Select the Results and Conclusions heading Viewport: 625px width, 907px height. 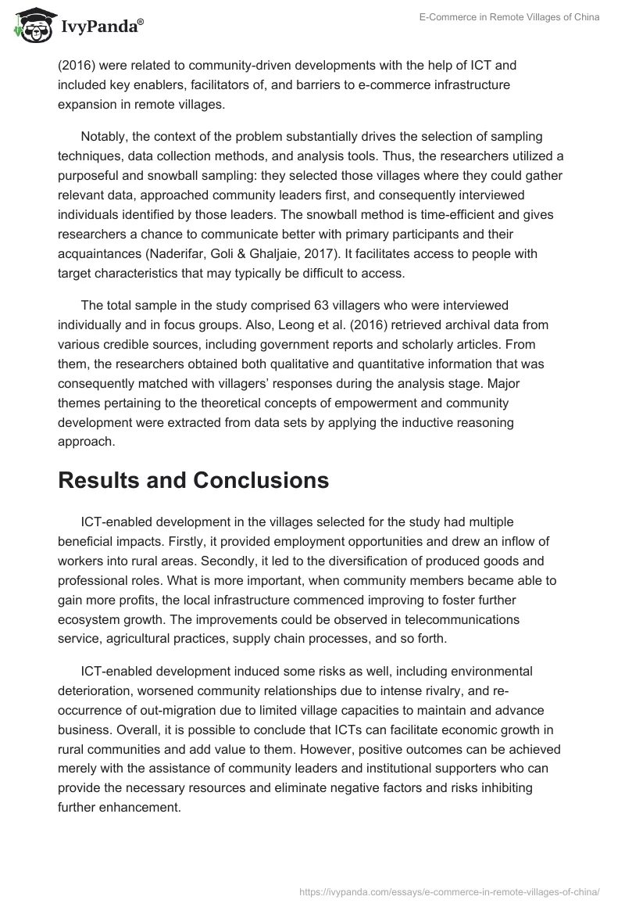193,481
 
